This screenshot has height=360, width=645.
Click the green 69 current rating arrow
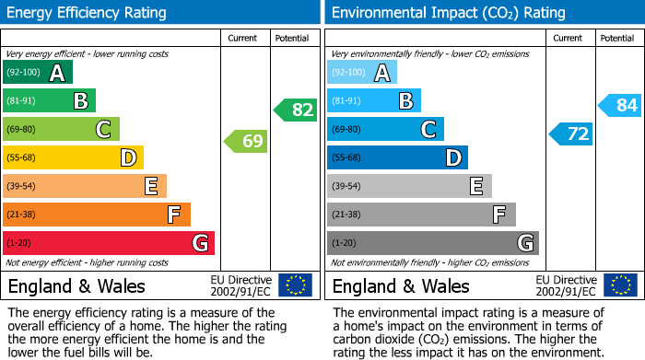click(x=246, y=142)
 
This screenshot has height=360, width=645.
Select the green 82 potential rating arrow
click(x=296, y=110)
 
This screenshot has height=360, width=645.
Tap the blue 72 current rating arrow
click(x=571, y=134)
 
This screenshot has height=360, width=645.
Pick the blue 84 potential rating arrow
click(x=620, y=105)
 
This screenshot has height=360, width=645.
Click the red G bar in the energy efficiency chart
click(x=108, y=243)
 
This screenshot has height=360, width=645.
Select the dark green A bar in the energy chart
click(x=37, y=73)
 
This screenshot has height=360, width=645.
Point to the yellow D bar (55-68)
click(x=73, y=158)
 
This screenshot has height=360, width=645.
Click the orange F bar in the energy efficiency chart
click(x=96, y=215)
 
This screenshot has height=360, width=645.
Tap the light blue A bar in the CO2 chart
click(x=362, y=73)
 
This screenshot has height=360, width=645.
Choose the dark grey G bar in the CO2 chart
click(x=432, y=243)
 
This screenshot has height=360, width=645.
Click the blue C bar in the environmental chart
click(x=385, y=130)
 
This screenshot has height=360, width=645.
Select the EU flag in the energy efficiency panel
click(x=296, y=285)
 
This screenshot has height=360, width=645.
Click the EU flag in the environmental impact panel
click(x=620, y=285)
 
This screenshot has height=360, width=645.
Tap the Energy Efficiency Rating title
click(x=88, y=13)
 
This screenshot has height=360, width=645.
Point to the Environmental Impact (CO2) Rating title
click(x=448, y=13)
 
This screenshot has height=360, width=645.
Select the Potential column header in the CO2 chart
click(x=617, y=38)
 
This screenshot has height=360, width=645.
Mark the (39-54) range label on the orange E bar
click(x=21, y=187)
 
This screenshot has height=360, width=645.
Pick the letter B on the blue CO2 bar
click(x=405, y=101)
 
